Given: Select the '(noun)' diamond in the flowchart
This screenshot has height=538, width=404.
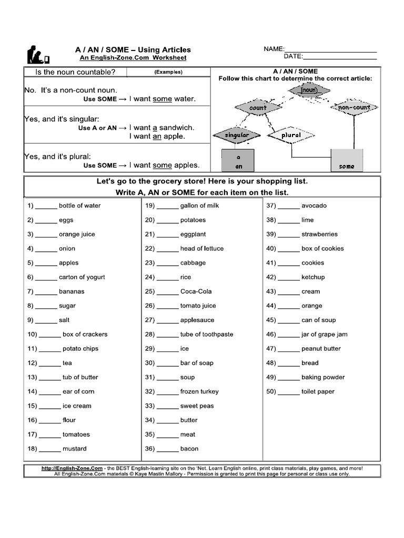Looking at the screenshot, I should coord(309,90).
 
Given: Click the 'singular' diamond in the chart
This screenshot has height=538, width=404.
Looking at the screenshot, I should coord(237,135).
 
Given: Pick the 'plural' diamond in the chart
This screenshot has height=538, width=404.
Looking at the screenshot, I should coord(291,135).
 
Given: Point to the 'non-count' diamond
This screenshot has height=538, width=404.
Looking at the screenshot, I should coord(354,107).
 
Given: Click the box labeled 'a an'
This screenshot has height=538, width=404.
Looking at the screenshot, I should coord(238,160).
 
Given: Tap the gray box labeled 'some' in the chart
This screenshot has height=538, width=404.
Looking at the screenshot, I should coord(347,160).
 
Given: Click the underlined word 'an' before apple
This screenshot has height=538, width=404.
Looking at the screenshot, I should coord(157,137).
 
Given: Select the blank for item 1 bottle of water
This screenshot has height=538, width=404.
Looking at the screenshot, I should coord(46,206).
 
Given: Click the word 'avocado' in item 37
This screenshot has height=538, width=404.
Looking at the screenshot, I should coord(314,205).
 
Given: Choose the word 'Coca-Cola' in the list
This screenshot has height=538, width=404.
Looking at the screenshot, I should coord(196,292).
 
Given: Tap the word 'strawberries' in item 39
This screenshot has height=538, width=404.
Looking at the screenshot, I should coord(319,234).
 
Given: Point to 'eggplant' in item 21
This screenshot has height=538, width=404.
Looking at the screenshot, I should coord(193,234).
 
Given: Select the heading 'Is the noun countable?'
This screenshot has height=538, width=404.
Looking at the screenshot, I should coord(75,72).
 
